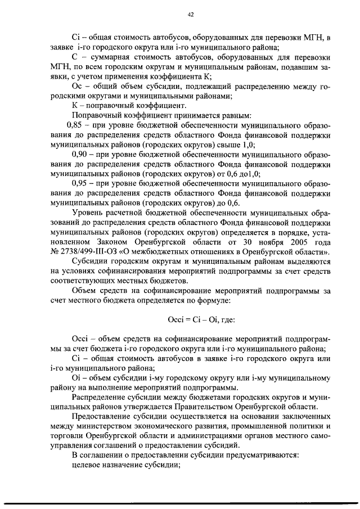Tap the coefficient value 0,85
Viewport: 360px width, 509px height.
click(x=76, y=125)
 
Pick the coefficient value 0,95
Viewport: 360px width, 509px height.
click(x=82, y=182)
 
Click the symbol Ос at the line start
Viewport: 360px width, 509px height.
click(x=78, y=87)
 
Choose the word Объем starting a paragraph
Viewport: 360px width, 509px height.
click(x=84, y=290)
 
